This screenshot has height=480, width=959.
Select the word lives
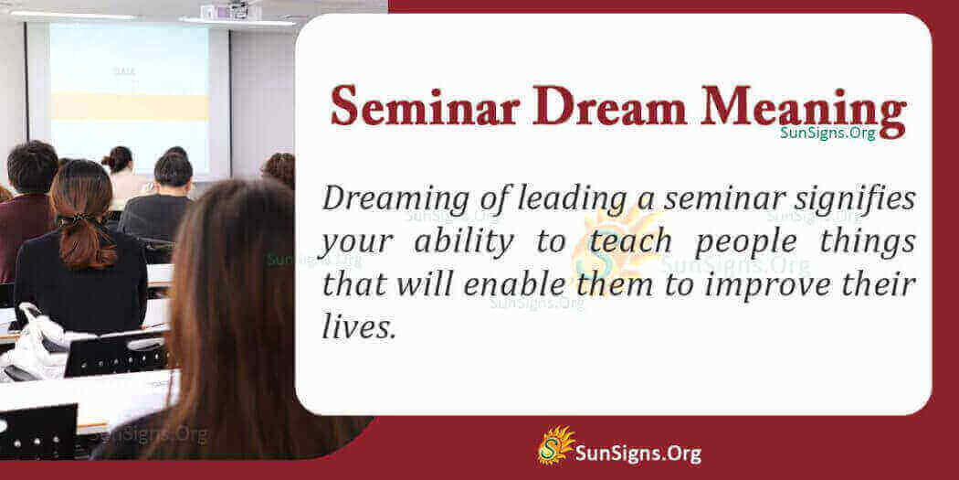pyautogui.click(x=358, y=326)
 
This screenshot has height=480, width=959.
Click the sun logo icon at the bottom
pyautogui.click(x=553, y=446)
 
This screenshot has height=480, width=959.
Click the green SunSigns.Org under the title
pyautogui.click(x=827, y=133)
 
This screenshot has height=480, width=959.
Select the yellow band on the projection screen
pyautogui.click(x=127, y=105)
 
